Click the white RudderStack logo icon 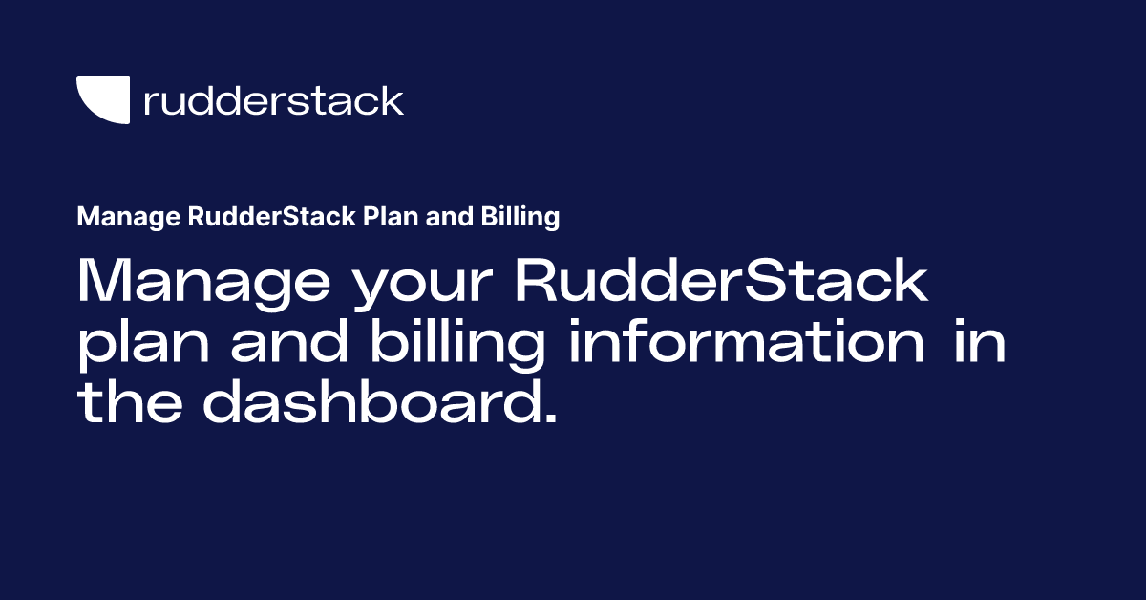(x=103, y=100)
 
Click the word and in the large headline (x=288, y=342)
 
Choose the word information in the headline (x=746, y=342)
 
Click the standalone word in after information (x=979, y=342)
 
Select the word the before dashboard (x=128, y=401)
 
